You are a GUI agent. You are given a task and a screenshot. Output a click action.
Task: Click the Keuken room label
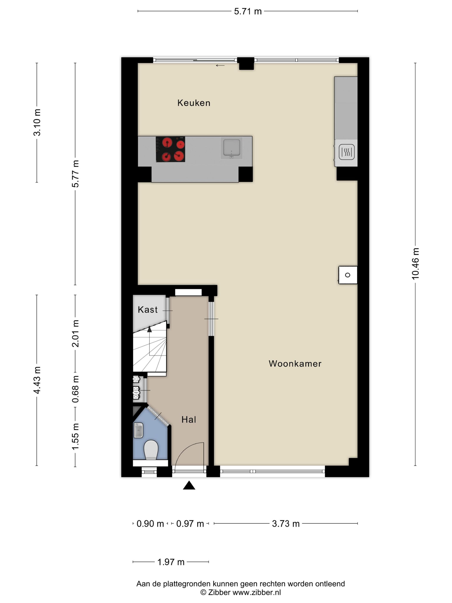194,103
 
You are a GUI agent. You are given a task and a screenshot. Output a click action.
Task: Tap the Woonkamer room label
295,364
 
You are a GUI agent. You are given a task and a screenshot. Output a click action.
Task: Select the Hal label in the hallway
189,420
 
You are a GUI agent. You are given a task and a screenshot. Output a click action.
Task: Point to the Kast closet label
148,310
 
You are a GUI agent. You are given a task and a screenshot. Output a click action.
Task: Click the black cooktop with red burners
170,149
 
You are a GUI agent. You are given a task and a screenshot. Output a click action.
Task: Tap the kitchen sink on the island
232,149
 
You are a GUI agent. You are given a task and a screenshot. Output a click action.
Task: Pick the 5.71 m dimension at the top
248,11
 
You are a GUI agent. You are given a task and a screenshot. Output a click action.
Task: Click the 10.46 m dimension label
415,264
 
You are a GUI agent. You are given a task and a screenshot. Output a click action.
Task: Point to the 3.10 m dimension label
37,122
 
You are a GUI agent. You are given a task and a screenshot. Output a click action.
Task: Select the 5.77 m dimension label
75,174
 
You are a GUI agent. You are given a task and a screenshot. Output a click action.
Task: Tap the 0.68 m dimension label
75,389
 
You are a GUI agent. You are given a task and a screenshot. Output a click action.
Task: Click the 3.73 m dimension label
286,524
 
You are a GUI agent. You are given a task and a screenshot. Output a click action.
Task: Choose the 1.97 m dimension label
171,562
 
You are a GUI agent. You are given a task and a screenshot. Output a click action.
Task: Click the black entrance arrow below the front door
189,485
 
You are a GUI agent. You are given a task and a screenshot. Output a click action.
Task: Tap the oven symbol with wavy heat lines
347,152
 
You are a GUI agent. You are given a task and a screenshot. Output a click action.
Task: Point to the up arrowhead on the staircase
149,329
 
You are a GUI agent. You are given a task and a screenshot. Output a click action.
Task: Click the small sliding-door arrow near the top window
220,65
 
